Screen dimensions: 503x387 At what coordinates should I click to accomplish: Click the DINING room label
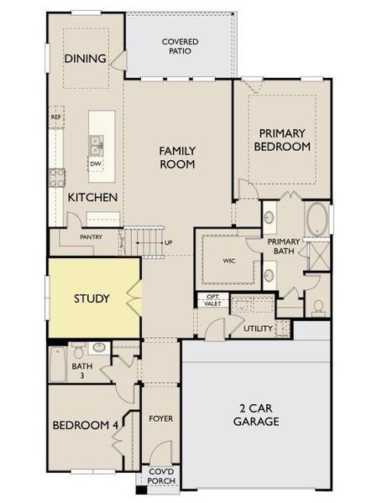(x=84, y=59)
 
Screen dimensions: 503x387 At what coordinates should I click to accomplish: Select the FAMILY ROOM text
(x=177, y=158)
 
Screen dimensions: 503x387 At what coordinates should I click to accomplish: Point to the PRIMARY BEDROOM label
(x=284, y=139)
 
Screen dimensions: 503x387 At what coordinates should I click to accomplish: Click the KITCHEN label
(x=92, y=198)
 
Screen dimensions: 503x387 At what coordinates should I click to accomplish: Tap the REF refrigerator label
(x=56, y=117)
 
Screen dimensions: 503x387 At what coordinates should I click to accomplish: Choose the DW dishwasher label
(x=96, y=163)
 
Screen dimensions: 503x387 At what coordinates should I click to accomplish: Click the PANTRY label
(x=91, y=237)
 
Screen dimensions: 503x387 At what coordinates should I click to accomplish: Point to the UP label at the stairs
(x=169, y=243)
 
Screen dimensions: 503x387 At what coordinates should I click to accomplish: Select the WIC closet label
(x=228, y=261)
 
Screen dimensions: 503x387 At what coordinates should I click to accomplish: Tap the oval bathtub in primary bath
(x=317, y=220)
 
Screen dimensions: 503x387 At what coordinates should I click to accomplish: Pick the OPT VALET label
(x=212, y=300)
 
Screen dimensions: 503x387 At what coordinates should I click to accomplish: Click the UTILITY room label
(x=258, y=328)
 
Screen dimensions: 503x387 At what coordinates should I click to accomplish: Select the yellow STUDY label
(x=92, y=299)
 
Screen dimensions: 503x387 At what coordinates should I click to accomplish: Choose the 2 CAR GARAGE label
(x=257, y=416)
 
